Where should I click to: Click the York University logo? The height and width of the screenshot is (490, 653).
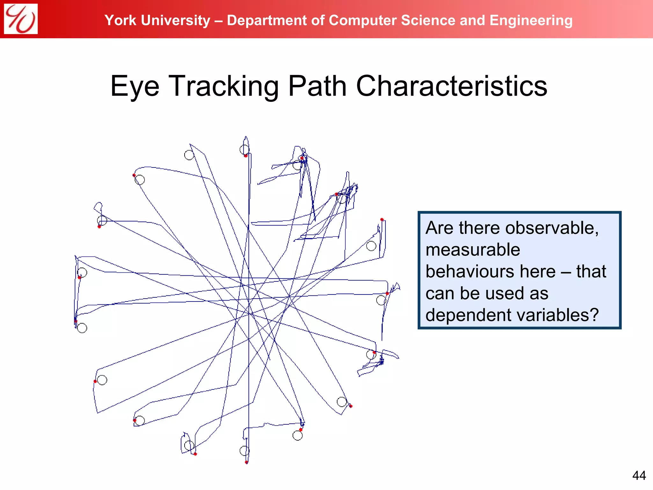[x=21, y=19]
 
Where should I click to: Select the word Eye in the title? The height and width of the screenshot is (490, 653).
[x=135, y=87]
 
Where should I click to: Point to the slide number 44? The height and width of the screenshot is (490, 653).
[x=639, y=476]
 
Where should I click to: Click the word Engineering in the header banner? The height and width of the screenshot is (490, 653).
[x=531, y=21]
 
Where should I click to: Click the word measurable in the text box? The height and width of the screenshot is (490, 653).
[x=473, y=249]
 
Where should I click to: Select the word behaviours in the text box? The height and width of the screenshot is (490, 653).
[x=473, y=271]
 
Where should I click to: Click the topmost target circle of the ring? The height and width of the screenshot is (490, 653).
[x=245, y=149]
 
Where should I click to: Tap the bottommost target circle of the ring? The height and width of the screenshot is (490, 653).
[x=245, y=451]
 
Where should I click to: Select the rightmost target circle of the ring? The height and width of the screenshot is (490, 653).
[x=381, y=300]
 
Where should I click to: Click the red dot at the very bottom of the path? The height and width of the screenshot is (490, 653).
[x=246, y=462]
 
